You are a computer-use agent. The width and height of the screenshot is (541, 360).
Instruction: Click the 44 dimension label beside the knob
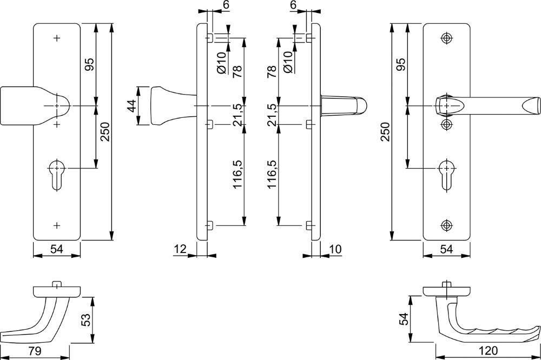coord(131,105)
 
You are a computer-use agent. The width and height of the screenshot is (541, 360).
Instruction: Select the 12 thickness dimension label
coord(180,249)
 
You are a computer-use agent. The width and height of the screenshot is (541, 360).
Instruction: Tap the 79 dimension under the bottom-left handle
coord(35,351)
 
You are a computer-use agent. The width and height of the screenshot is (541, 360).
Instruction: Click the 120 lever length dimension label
coord(489,351)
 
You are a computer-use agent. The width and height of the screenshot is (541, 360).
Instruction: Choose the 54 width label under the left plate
coord(57,249)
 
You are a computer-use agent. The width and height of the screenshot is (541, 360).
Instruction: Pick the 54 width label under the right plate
coord(446,249)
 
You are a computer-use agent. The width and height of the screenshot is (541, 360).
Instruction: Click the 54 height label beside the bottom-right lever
coord(404,318)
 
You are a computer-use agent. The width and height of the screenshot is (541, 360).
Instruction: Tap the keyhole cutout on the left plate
coord(57,175)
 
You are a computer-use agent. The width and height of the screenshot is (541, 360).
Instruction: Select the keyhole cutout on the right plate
coord(447,175)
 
